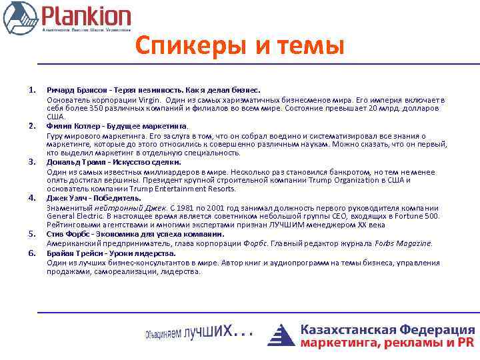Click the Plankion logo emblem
coord(20,18)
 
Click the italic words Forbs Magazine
coord(403,243)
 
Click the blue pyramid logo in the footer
coord(281,335)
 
